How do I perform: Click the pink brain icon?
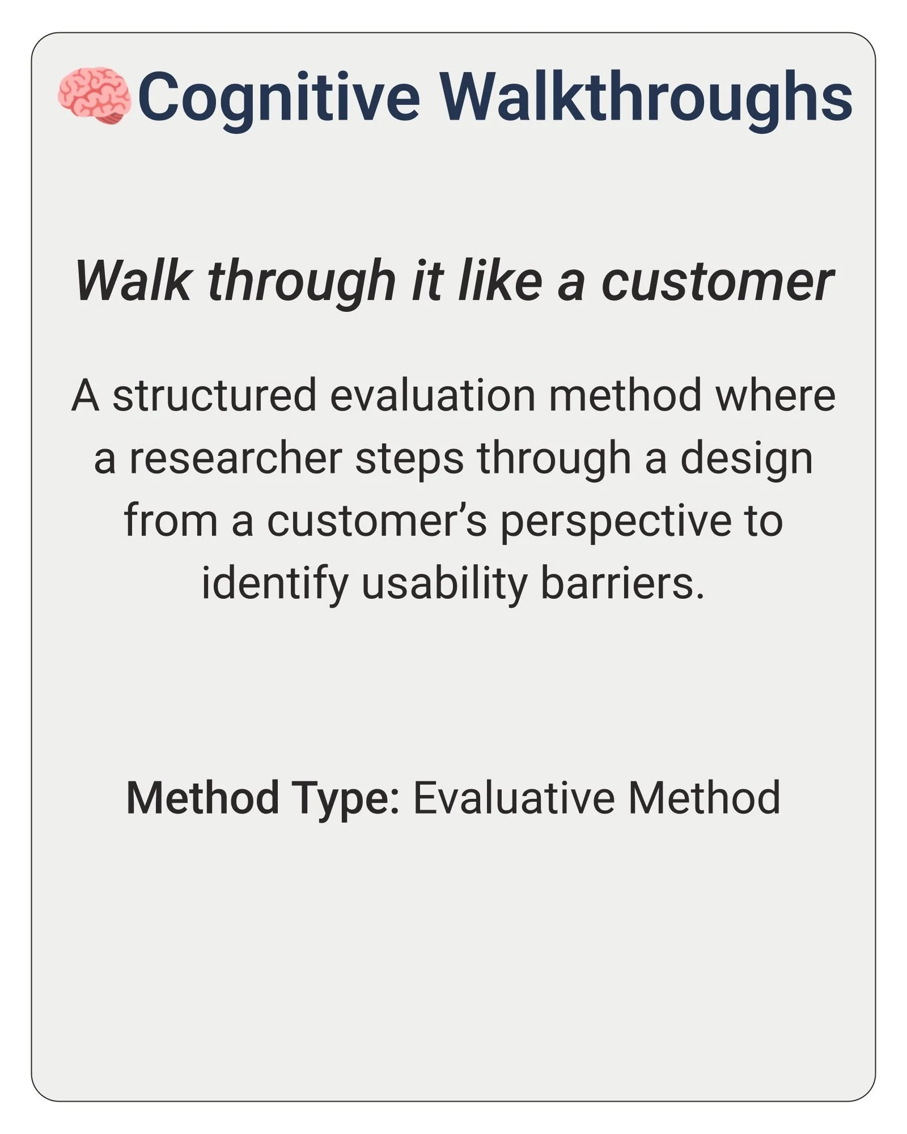coord(95,96)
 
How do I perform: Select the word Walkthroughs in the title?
coord(646,96)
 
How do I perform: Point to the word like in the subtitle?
coord(500,281)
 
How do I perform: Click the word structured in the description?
coord(214,396)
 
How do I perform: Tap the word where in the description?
coord(775,396)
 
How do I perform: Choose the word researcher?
coord(235,458)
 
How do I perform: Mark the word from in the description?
coord(171,521)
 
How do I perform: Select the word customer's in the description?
coord(376,521)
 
